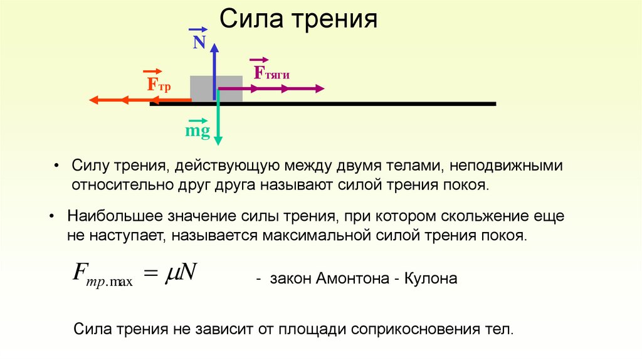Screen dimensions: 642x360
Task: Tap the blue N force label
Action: pos(199,42)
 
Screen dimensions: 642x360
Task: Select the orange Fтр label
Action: pos(158,84)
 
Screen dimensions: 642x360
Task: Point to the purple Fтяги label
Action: pos(271,73)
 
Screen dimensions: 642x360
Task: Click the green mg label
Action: pos(197,131)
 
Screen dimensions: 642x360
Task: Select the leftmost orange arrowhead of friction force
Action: pos(94,100)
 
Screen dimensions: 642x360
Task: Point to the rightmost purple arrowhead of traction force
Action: pos(318,89)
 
